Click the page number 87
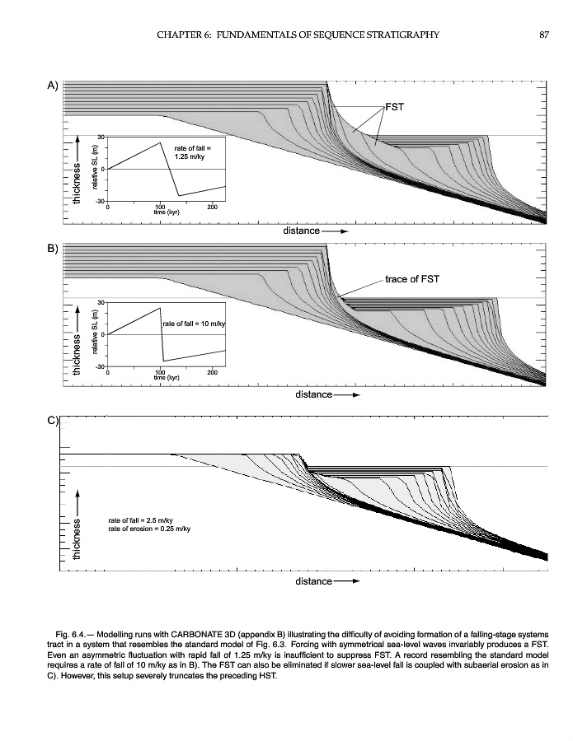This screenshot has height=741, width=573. (x=544, y=34)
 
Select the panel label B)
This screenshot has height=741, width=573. (x=52, y=249)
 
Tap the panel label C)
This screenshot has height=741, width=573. (x=52, y=421)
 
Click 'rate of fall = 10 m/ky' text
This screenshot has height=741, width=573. (x=194, y=324)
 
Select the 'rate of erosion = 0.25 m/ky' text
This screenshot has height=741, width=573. (x=149, y=529)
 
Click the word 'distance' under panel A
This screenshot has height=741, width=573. (x=301, y=231)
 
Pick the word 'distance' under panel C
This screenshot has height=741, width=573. (x=313, y=581)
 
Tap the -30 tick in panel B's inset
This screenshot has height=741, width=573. (x=100, y=365)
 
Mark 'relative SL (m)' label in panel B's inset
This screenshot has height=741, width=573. (x=96, y=335)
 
